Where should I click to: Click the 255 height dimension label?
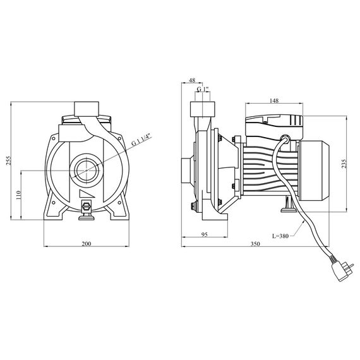[8, 160]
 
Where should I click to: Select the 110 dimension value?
[18, 195]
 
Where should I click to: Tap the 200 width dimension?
[87, 244]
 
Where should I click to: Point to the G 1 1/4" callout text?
[142, 140]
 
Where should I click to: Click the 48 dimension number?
[192, 80]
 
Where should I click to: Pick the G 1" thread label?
[203, 89]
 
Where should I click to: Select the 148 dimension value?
[274, 100]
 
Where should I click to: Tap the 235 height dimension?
[344, 164]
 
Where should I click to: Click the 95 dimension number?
[205, 234]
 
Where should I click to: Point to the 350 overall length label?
[255, 244]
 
